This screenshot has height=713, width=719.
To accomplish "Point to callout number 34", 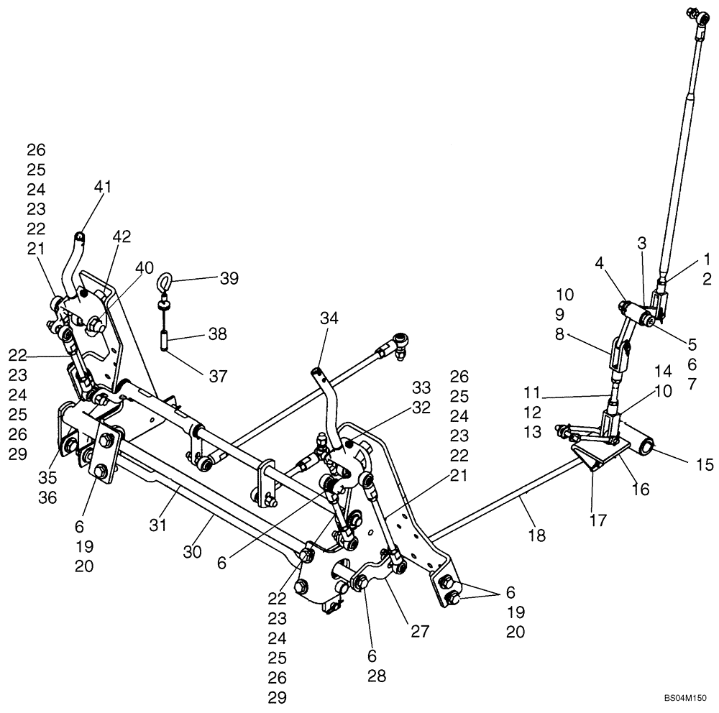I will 329,318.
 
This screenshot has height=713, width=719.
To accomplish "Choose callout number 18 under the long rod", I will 536,535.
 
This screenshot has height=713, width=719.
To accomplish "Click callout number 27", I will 420,631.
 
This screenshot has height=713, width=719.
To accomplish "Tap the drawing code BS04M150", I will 686,697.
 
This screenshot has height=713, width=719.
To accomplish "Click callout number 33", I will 421,387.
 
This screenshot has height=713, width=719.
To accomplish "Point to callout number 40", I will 145,267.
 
